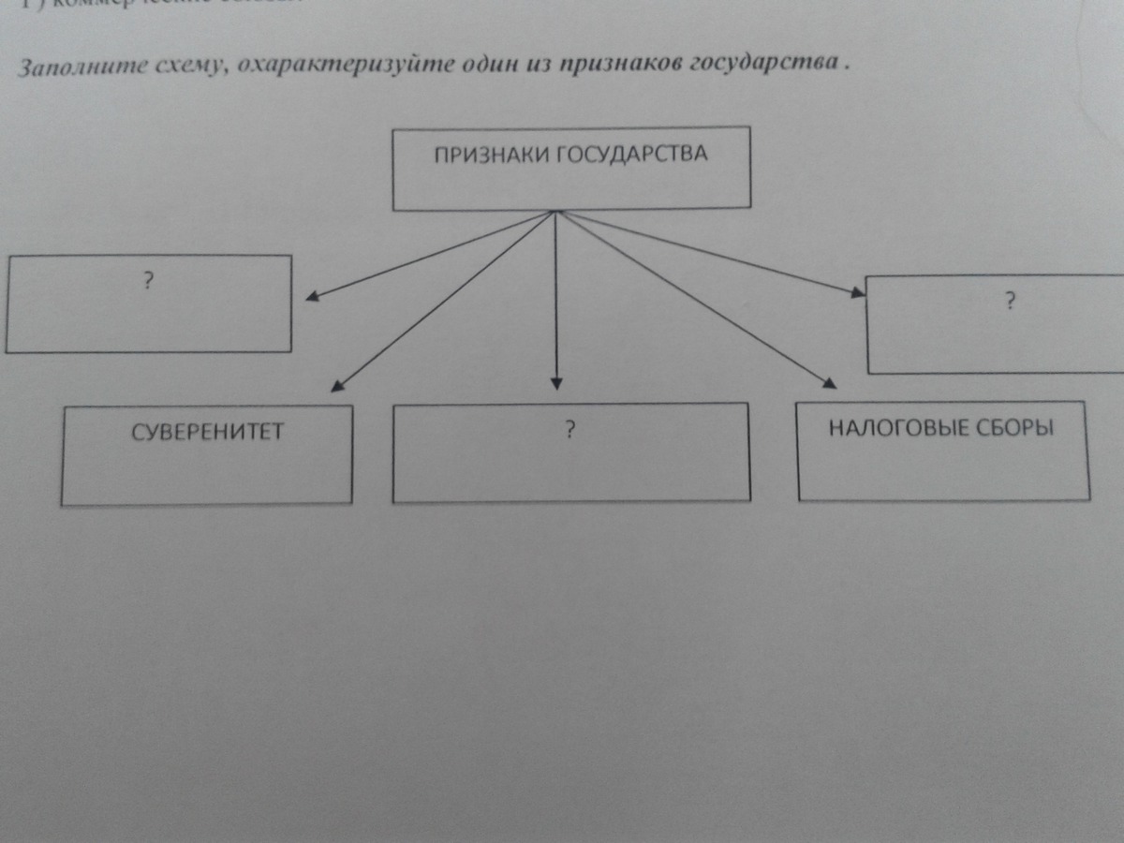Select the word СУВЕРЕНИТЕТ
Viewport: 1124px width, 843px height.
(x=207, y=432)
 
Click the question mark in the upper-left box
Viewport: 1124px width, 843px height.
(x=148, y=279)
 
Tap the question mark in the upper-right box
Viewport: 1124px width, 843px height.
(x=1010, y=301)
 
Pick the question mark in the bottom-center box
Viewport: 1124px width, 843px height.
(x=569, y=430)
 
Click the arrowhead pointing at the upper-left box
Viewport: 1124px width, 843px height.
(x=313, y=298)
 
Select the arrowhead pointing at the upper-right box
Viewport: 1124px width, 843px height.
(x=857, y=292)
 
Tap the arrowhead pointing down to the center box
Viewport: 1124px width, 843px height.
(x=556, y=382)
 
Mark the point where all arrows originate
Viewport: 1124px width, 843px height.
(x=556, y=212)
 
